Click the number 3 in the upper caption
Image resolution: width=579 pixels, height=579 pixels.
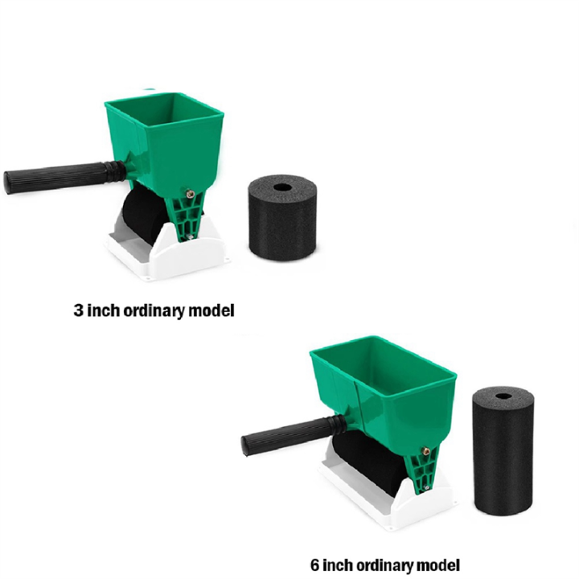[x=78, y=309]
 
